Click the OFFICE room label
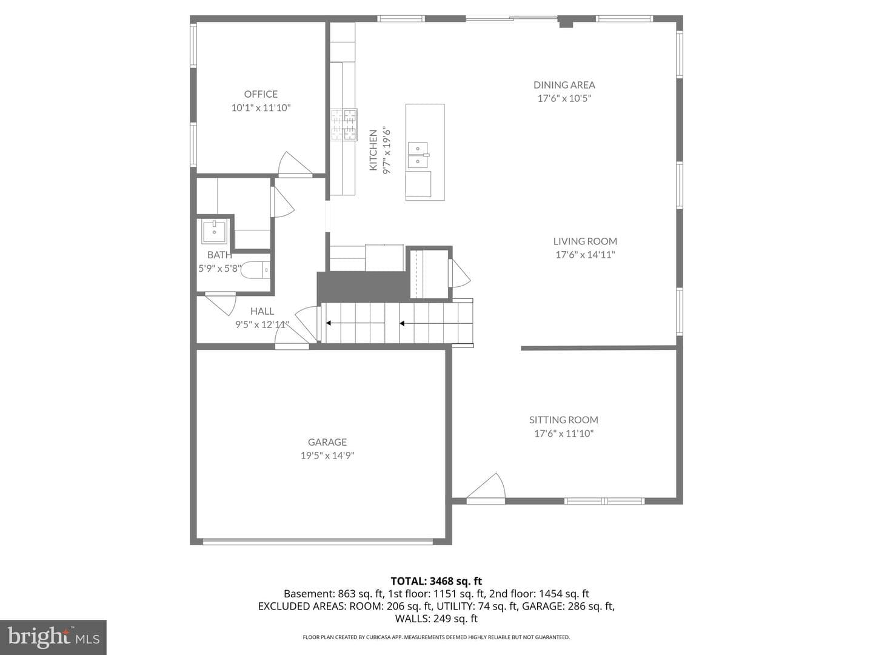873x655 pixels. tap(261, 94)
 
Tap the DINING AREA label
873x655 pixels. tap(564, 85)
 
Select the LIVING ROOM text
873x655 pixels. tap(585, 241)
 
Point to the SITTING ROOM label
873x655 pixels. tap(564, 420)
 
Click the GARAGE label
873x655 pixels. tap(327, 442)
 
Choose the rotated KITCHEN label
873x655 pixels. tap(373, 150)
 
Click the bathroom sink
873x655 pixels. tap(215, 232)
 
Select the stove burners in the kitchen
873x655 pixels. tap(344, 124)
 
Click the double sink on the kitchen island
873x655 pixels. tap(418, 155)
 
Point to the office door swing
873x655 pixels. tap(294, 163)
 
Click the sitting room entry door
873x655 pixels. tap(486, 486)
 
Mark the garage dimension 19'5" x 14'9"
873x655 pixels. tap(327, 455)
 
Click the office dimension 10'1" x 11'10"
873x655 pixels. tap(261, 107)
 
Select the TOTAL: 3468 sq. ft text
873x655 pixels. tap(436, 581)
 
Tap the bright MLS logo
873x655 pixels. tap(53, 637)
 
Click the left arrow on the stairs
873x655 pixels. tap(355, 323)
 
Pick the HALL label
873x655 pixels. tap(262, 311)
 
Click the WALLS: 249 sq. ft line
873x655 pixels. tap(436, 619)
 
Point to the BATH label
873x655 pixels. tap(219, 255)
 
